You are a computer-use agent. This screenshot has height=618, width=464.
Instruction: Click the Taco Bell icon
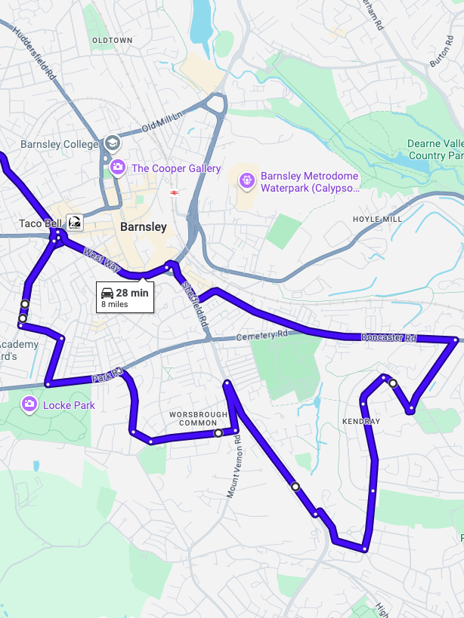75,223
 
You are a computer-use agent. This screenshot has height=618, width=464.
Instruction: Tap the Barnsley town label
143,227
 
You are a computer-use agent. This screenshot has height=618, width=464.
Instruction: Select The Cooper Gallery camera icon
117,168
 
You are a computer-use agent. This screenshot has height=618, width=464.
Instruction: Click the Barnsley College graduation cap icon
112,143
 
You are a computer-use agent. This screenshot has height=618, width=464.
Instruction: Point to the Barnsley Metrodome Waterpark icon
246,180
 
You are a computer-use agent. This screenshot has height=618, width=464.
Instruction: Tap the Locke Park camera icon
29,404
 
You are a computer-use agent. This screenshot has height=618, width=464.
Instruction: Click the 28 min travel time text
133,292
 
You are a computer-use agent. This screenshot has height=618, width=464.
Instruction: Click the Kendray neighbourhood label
360,421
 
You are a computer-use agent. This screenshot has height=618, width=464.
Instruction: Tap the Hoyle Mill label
377,219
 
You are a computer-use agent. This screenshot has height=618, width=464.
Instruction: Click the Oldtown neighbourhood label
112,40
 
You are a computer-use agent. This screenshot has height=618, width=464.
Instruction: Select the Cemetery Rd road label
261,334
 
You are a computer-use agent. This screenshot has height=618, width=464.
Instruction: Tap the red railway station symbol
174,192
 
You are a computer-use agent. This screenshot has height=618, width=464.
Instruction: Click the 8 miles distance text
115,304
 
